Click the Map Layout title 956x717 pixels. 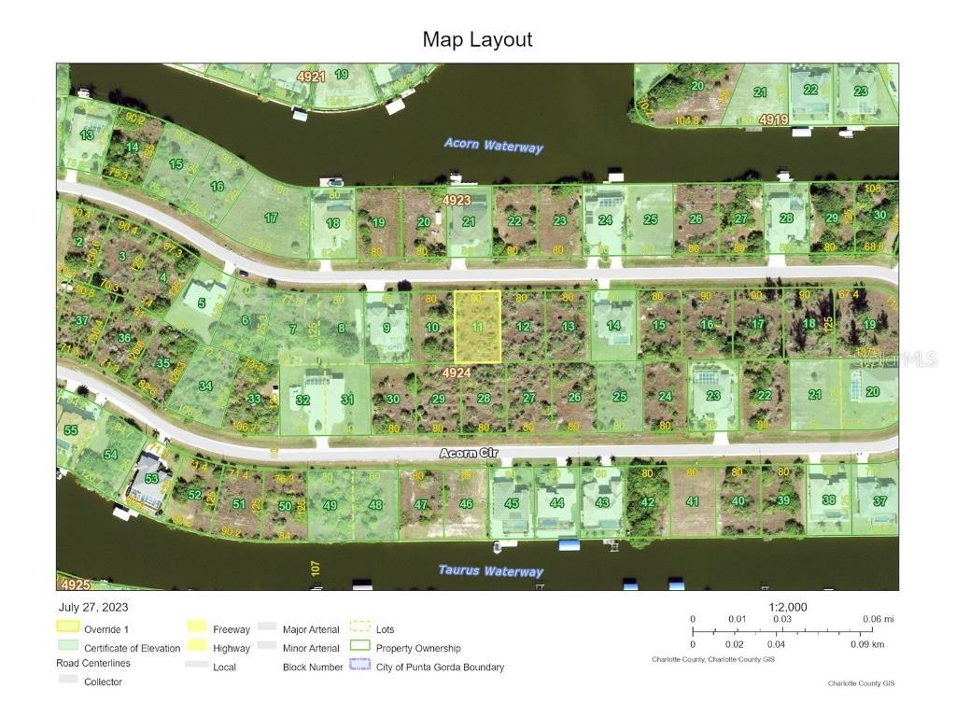point(477,39)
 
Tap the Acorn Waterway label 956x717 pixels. point(493,145)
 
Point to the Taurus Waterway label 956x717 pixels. point(490,570)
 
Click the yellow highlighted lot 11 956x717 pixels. point(477,327)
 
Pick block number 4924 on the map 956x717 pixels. point(457,373)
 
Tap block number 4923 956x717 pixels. point(457,200)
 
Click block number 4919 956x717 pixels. point(773,119)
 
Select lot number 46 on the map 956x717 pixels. point(466,503)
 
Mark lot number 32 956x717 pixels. point(302,400)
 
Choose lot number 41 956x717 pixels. point(692,501)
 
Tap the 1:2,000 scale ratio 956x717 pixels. point(788,607)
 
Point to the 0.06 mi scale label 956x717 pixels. point(879,619)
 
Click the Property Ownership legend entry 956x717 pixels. point(417,648)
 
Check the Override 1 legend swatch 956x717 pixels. point(68,629)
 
